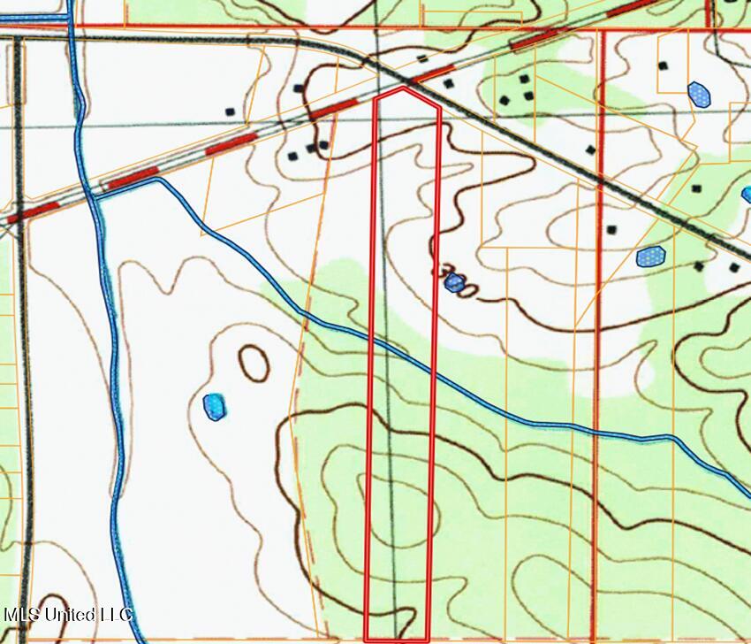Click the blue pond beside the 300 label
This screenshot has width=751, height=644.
(454, 283)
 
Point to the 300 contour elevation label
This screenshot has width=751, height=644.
(458, 281)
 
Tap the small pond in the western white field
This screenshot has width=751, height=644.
(215, 407)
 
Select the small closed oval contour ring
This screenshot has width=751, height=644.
(254, 363)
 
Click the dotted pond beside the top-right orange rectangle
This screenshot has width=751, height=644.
(699, 94)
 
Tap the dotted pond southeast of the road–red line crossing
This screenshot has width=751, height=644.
(651, 257)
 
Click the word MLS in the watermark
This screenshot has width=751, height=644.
(21, 614)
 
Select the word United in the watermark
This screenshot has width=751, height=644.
(66, 614)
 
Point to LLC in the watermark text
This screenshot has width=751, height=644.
(113, 614)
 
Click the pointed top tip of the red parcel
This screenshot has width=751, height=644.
(404, 88)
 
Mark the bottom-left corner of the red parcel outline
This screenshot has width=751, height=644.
(366, 639)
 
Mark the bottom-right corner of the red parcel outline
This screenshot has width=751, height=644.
(429, 639)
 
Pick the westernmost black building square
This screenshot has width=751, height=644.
(230, 112)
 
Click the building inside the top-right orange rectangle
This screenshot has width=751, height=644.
(663, 65)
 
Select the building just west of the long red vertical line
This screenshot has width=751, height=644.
(590, 149)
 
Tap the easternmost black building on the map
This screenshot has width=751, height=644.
(734, 267)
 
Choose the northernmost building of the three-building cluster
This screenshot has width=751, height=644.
(524, 79)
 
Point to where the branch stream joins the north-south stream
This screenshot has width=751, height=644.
(95, 196)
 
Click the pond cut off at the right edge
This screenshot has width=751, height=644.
(747, 194)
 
